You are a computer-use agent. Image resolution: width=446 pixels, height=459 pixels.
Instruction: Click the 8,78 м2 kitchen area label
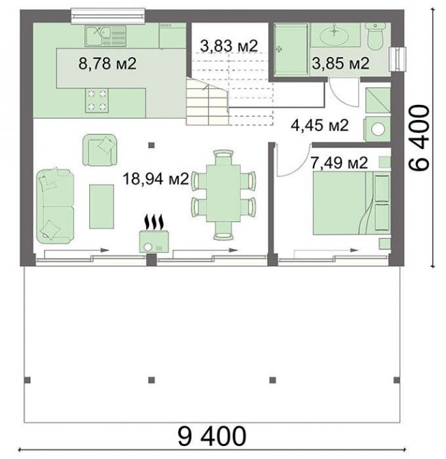click(108, 63)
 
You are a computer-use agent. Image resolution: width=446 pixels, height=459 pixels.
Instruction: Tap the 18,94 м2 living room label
click(156, 178)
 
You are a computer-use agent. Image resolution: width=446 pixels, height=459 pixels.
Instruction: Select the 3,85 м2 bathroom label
click(340, 63)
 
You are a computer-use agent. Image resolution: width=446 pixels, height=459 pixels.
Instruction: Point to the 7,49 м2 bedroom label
click(339, 163)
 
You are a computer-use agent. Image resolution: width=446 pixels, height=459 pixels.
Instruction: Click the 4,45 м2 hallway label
click(320, 126)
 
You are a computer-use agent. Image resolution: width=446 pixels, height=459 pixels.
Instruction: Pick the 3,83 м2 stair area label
click(229, 46)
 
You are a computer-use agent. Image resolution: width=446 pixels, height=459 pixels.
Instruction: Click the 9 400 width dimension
click(212, 436)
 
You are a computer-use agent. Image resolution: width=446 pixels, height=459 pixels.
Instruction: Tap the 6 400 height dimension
click(419, 138)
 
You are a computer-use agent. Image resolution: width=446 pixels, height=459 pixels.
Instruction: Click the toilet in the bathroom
click(375, 36)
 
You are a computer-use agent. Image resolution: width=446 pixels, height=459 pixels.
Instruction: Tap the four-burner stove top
click(97, 100)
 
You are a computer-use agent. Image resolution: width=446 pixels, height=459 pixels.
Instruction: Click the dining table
click(223, 193)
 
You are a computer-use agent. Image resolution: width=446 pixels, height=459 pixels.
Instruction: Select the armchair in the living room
click(99, 150)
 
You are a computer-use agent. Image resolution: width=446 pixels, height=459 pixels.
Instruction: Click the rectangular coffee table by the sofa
click(102, 207)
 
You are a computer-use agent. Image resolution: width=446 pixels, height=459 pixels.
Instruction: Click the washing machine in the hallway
click(377, 129)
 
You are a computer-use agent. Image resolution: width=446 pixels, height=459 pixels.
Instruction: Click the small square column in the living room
click(151, 145)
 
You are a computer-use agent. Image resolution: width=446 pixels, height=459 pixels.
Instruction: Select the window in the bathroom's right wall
click(397, 59)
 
